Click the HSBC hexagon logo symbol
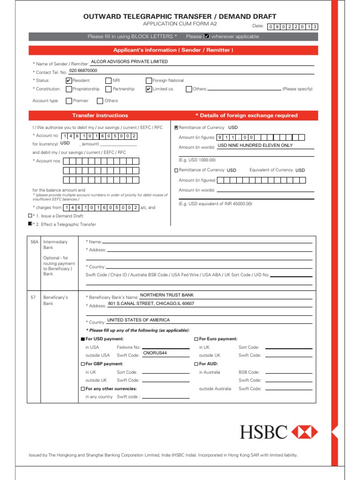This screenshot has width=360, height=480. [x=305, y=432]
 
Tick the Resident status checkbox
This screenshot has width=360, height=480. [x=69, y=81]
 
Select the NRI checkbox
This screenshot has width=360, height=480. [x=109, y=81]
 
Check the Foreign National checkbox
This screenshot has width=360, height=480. [x=149, y=81]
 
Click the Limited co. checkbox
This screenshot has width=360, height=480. [x=149, y=89]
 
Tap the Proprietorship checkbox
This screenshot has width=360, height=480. [x=69, y=89]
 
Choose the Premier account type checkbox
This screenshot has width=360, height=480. [x=69, y=101]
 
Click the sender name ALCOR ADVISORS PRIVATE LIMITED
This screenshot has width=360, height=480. [x=129, y=61]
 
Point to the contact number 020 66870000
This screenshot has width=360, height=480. [x=83, y=70]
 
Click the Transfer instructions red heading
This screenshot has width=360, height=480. [x=100, y=115]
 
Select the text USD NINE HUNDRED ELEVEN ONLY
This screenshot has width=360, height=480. [x=255, y=145]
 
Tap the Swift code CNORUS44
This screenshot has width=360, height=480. [x=155, y=353]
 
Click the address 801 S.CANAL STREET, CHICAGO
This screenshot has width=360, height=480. [x=151, y=304]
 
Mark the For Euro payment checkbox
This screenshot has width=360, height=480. [x=196, y=339]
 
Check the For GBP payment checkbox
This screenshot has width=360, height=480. [x=83, y=364]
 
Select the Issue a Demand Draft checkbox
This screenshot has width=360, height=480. [x=30, y=216]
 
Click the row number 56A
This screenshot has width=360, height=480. [x=35, y=242]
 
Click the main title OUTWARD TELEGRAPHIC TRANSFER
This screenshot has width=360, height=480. [x=180, y=17]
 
